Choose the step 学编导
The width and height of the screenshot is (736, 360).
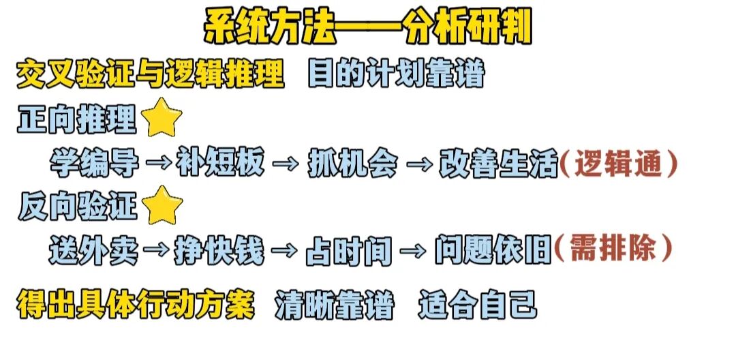click(95, 164)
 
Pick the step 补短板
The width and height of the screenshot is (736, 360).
click(222, 164)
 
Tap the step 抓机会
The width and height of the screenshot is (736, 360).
click(352, 164)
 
